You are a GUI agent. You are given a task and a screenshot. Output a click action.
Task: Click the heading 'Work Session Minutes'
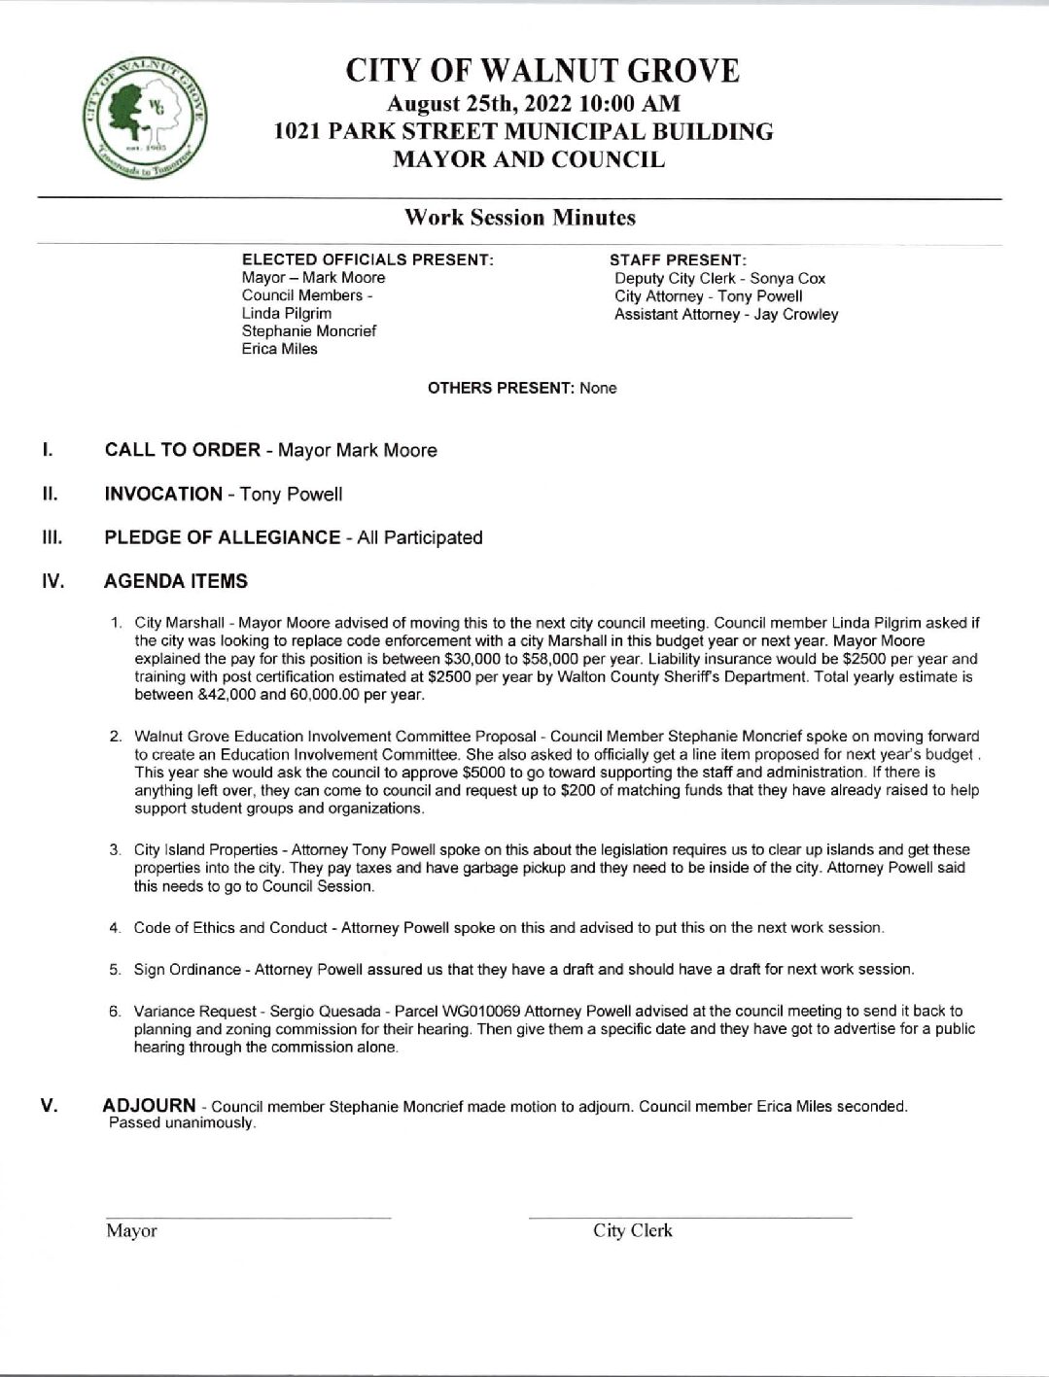[x=519, y=218]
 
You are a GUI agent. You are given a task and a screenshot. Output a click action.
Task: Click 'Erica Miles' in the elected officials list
[x=279, y=349]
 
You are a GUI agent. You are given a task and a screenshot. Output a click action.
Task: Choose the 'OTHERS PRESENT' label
[x=501, y=388]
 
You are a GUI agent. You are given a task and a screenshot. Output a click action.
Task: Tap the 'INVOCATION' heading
[x=163, y=494]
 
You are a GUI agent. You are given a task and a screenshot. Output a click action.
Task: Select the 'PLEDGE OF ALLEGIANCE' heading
[x=222, y=537]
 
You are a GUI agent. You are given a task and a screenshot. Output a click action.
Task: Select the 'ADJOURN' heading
[x=149, y=1106]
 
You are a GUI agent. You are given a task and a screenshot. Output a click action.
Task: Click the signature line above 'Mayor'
[x=248, y=1216]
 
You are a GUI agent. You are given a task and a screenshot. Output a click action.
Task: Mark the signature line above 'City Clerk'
[x=690, y=1216]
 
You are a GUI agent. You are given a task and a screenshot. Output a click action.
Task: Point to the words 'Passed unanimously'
[x=182, y=1123]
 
